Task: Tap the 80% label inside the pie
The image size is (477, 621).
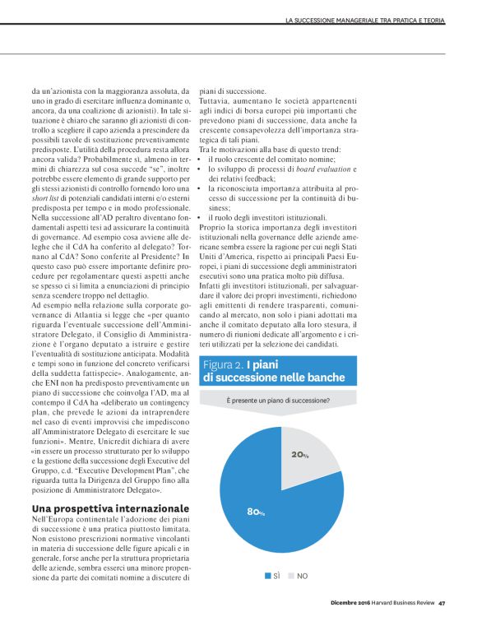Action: click(256, 512)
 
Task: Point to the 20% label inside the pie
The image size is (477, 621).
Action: click(299, 455)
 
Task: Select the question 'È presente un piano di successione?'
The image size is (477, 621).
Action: click(278, 401)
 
